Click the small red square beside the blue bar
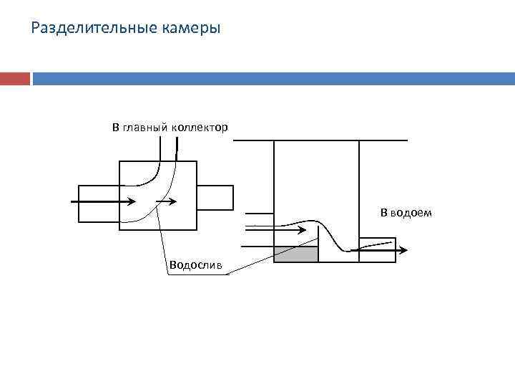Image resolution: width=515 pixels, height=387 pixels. pos(15,78)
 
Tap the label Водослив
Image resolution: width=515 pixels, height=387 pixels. pos(195,266)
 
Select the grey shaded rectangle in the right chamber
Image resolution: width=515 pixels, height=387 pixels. pos(296,254)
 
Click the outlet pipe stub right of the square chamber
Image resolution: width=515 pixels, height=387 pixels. pos(215,197)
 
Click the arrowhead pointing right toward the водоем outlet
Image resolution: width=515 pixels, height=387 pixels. pos(403,250)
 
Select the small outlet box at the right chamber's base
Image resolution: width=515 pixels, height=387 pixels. pos(376,249)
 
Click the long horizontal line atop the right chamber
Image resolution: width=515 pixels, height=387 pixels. pos(320,140)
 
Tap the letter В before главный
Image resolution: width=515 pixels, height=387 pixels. pos(115,128)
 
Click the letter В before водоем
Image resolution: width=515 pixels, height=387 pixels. pos(383,213)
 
